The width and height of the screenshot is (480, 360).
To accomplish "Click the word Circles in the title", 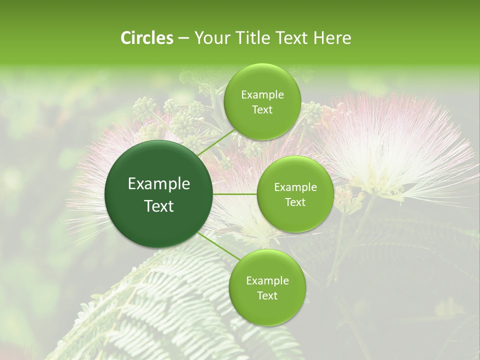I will [146, 38].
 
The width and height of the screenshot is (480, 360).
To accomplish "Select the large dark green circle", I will [159, 194].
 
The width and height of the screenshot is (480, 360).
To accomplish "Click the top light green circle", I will [262, 102].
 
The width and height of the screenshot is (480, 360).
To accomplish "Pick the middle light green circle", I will [295, 194].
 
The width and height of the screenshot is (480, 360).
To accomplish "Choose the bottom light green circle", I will [267, 287].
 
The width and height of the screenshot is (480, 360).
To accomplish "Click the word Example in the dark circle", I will [159, 184].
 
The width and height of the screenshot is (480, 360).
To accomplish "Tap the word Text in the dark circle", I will [159, 206].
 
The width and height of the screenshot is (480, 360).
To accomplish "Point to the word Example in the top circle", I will [262, 95].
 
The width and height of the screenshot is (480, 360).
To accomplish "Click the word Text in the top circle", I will [262, 110].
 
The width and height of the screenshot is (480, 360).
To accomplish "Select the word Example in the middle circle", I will [295, 187].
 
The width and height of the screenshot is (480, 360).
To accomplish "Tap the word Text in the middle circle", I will [295, 202].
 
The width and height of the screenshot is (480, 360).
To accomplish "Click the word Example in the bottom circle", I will [267, 280].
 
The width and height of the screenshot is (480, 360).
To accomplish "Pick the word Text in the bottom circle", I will [267, 295].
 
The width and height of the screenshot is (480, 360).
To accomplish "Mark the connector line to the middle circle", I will [235, 194].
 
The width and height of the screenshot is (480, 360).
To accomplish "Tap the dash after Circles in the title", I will [183, 38].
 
